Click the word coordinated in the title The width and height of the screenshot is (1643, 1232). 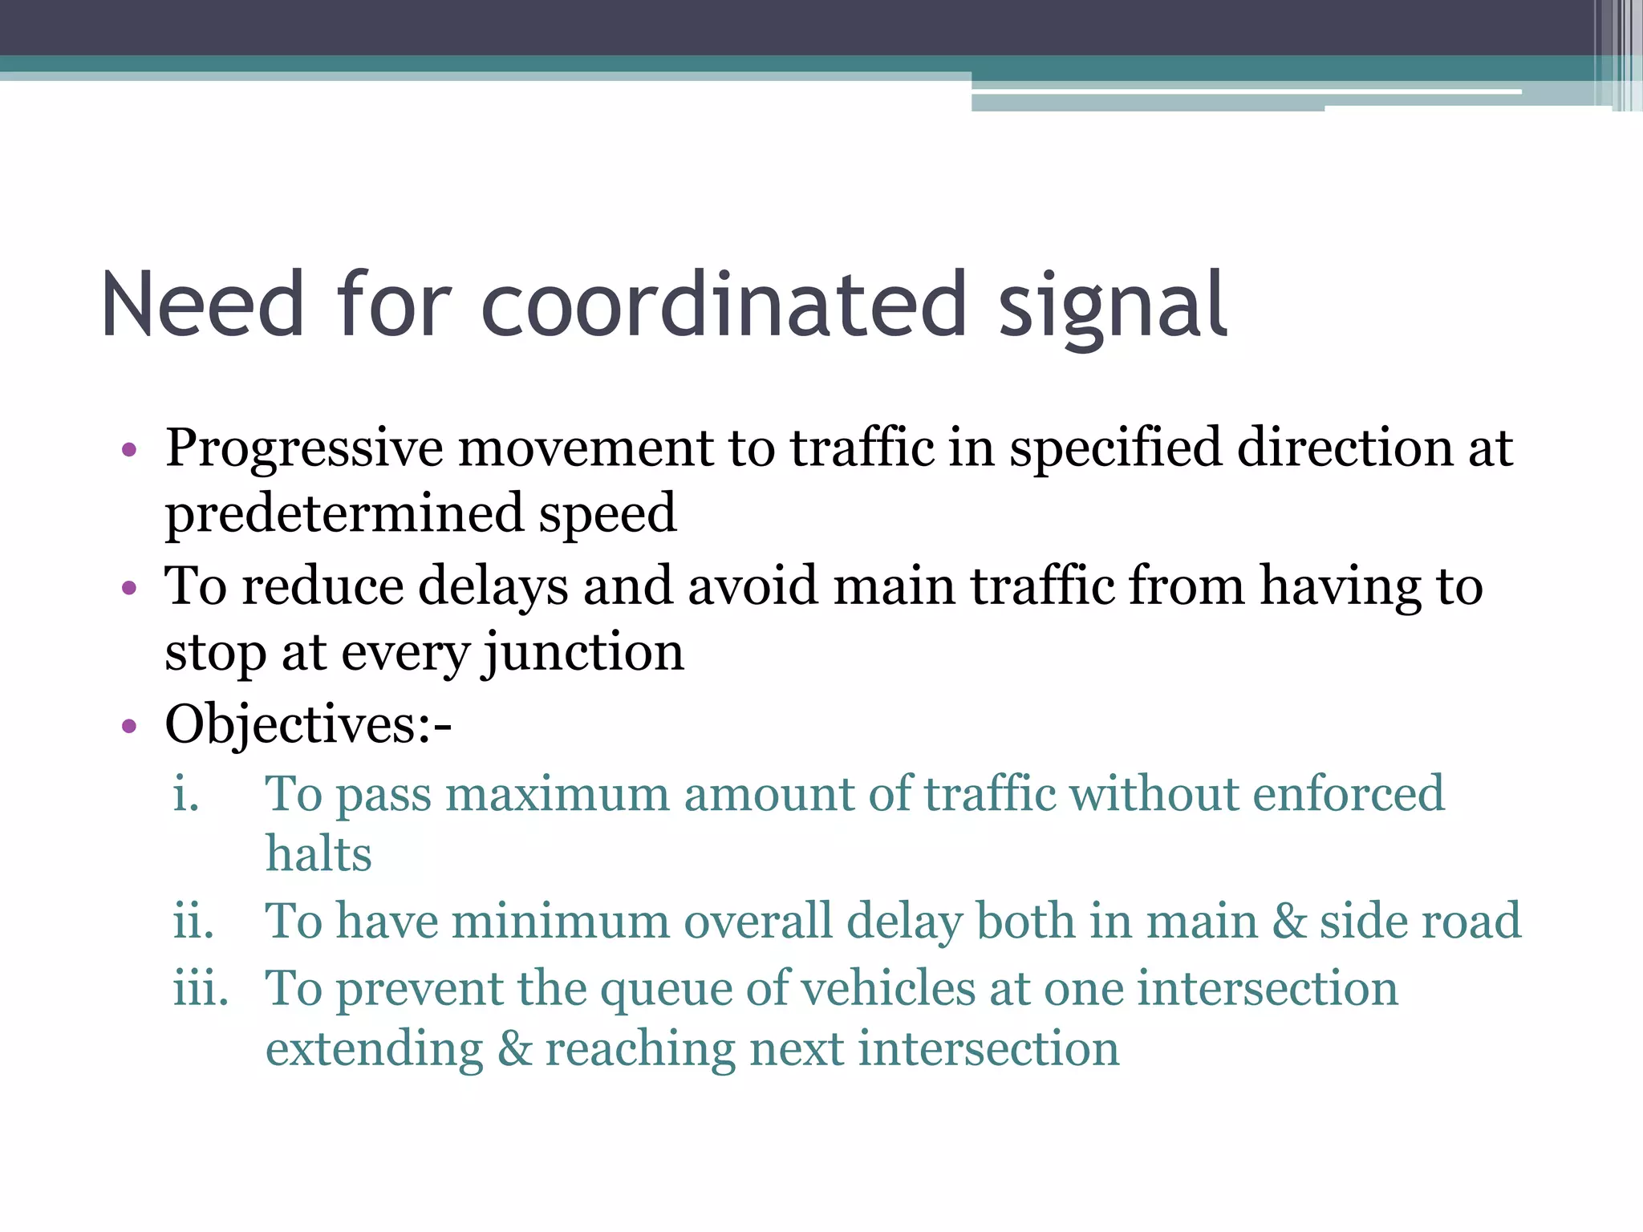coord(724,305)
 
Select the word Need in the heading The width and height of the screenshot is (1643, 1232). coord(202,305)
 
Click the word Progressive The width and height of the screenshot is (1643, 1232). coord(304,449)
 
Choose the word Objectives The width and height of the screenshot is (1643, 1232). coord(290,724)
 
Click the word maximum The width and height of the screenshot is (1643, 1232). coord(557,796)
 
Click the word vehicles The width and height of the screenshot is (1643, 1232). coord(887,988)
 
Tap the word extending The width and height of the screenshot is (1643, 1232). coord(375,1051)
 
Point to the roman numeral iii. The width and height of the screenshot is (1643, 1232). coord(201,988)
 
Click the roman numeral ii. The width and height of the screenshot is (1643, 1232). coord(194,921)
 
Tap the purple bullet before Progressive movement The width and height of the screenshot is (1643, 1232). coord(129,450)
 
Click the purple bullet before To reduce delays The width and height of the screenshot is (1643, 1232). coord(129,589)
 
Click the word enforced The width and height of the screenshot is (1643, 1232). coord(1348,794)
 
